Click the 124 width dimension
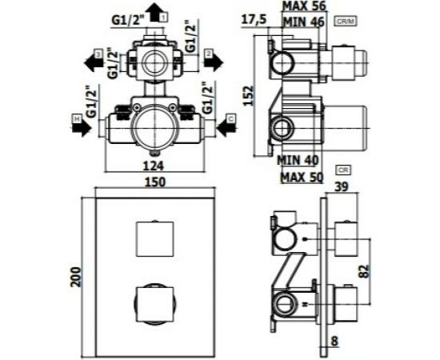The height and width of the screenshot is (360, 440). coord(154,166)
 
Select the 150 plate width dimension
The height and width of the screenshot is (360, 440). coord(155,182)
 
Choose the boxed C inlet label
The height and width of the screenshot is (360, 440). coord(230,119)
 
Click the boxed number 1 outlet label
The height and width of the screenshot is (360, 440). coord(163,15)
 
